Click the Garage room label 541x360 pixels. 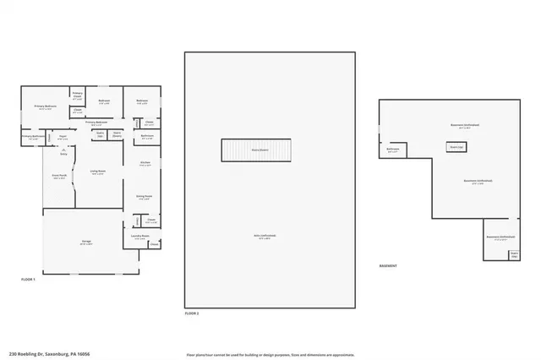pyautogui.click(x=87, y=242)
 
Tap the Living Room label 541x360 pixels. pyautogui.click(x=98, y=172)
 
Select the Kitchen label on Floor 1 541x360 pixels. pyautogui.click(x=145, y=163)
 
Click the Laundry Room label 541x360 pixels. pyautogui.click(x=140, y=237)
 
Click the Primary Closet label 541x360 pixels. pyautogui.click(x=77, y=95)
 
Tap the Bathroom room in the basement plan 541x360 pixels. pyautogui.click(x=392, y=150)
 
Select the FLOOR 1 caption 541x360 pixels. pyautogui.click(x=29, y=278)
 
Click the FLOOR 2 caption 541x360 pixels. pyautogui.click(x=192, y=313)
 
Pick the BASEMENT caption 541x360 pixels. pyautogui.click(x=389, y=265)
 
